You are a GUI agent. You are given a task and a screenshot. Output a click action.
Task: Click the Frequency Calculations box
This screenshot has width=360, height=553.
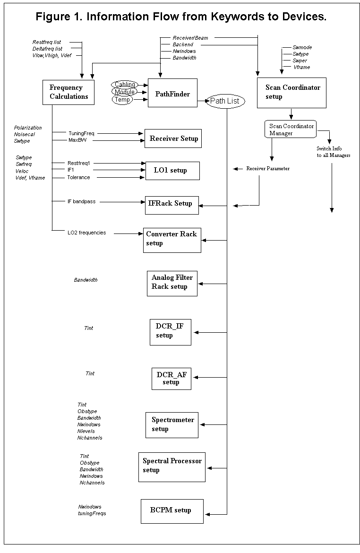tap(69, 92)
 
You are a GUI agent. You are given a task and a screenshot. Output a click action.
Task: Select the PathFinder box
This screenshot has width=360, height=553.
tap(172, 93)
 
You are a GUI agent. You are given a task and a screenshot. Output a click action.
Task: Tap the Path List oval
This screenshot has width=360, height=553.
tap(225, 101)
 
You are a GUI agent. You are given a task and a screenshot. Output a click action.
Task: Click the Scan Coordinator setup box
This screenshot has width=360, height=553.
tap(291, 93)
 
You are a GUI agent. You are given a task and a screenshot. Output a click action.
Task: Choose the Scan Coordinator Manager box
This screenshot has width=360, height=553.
tap(291, 130)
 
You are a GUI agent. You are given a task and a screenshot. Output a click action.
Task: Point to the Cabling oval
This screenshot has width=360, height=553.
tap(124, 85)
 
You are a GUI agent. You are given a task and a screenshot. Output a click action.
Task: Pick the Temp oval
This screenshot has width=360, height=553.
tap(122, 100)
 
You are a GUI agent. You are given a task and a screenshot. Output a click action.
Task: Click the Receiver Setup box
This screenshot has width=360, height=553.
tap(173, 138)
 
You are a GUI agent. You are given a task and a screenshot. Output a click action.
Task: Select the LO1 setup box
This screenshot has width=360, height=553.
tap(172, 171)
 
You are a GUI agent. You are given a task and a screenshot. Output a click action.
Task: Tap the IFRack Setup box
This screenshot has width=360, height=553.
tap(171, 205)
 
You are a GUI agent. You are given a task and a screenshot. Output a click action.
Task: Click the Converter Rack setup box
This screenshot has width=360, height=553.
tap(172, 240)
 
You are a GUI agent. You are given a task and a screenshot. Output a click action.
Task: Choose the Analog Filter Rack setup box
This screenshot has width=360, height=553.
tap(172, 284)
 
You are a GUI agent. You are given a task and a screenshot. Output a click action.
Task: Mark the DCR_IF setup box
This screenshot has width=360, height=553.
tap(170, 332)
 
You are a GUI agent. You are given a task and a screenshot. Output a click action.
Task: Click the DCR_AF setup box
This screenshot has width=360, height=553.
tap(171, 379)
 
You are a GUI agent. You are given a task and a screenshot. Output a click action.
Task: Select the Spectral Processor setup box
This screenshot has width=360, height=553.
tap(171, 467)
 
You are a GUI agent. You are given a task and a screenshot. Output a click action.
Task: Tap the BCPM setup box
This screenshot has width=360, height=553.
tap(172, 511)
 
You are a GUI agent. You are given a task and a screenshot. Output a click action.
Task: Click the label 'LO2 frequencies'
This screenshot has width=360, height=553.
tap(87, 233)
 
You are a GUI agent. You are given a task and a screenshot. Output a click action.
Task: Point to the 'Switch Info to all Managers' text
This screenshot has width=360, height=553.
tap(333, 152)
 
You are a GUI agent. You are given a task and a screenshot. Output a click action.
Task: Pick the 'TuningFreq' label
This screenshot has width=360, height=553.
tap(81, 134)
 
